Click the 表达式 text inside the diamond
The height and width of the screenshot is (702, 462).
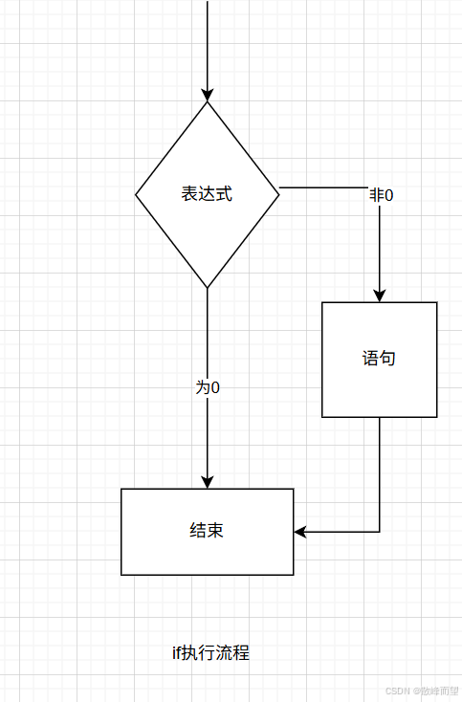[x=207, y=194]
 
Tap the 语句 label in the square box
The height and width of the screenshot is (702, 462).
[x=379, y=359]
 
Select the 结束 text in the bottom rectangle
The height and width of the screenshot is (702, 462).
[x=207, y=531]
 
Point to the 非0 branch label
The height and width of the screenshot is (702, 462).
[x=382, y=195]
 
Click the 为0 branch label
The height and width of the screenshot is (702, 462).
[x=208, y=387]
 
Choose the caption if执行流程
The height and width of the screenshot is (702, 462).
[x=210, y=653]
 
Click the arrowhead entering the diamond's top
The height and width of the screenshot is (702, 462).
[x=208, y=95]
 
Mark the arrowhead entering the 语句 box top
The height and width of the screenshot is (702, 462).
[x=380, y=296]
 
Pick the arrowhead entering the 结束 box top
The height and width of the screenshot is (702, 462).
[x=208, y=482]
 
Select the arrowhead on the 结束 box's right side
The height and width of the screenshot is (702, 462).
[x=300, y=532]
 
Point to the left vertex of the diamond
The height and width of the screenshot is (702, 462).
[x=136, y=195]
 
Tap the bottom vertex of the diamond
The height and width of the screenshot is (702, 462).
[x=208, y=288]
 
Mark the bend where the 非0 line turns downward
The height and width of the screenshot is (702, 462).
[x=380, y=188]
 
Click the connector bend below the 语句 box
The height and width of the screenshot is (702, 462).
[x=380, y=532]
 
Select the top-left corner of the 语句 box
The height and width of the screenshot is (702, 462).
[x=322, y=302]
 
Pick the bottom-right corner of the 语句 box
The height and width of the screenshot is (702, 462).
[x=437, y=417]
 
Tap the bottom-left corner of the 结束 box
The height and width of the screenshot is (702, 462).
[x=121, y=575]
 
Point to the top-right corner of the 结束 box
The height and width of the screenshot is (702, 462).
[x=294, y=489]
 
